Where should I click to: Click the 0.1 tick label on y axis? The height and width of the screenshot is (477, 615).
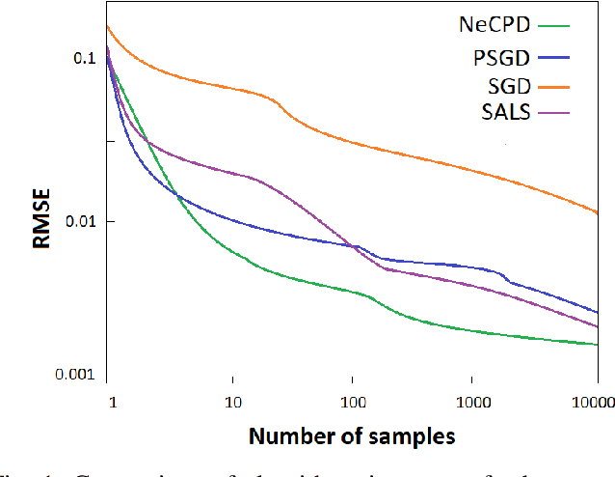[85, 57]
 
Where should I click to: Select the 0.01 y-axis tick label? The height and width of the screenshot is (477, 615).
[80, 221]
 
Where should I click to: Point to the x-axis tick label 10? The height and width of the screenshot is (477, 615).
[231, 400]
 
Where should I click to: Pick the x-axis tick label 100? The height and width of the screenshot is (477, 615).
[352, 400]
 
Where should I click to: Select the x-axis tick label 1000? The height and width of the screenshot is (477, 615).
[472, 400]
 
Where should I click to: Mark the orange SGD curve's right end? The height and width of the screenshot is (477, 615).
[597, 212]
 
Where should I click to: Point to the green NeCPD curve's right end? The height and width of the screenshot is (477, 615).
[597, 345]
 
